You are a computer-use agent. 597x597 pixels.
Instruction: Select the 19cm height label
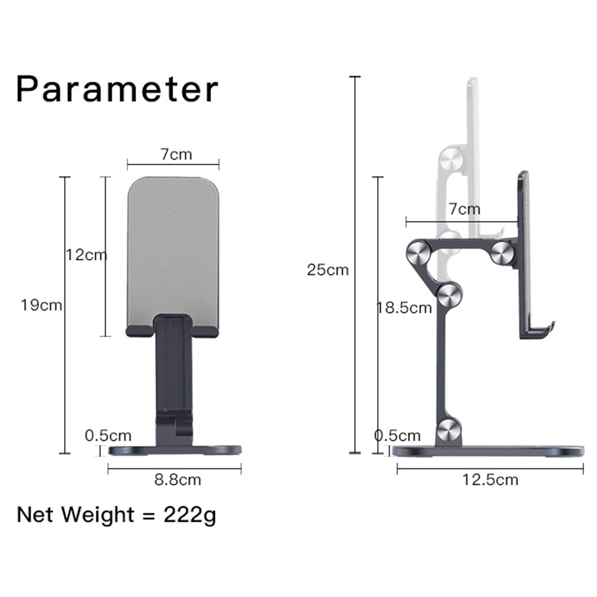click(41, 305)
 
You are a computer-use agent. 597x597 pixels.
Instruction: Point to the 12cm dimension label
click(87, 255)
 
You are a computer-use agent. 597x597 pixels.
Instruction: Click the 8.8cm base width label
click(178, 480)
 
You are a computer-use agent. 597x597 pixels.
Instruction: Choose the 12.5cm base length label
click(490, 480)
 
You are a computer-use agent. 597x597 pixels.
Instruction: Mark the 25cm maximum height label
click(328, 270)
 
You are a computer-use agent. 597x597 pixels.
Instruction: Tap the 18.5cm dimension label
click(403, 308)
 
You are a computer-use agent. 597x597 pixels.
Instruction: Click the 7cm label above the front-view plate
click(176, 154)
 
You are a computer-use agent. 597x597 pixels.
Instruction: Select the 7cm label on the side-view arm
click(465, 209)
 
